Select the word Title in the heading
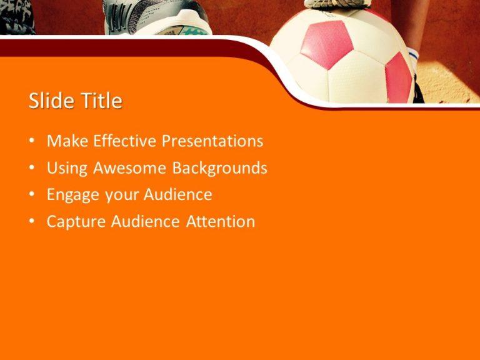[101, 101]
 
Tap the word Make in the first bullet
[67, 141]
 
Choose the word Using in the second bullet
[68, 169]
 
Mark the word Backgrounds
[220, 168]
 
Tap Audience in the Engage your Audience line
[178, 195]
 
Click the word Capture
[76, 222]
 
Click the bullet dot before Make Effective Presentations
[32, 142]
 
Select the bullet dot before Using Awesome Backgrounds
[32, 169]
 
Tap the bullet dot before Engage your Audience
[32, 196]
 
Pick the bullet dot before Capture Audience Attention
[32, 222]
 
